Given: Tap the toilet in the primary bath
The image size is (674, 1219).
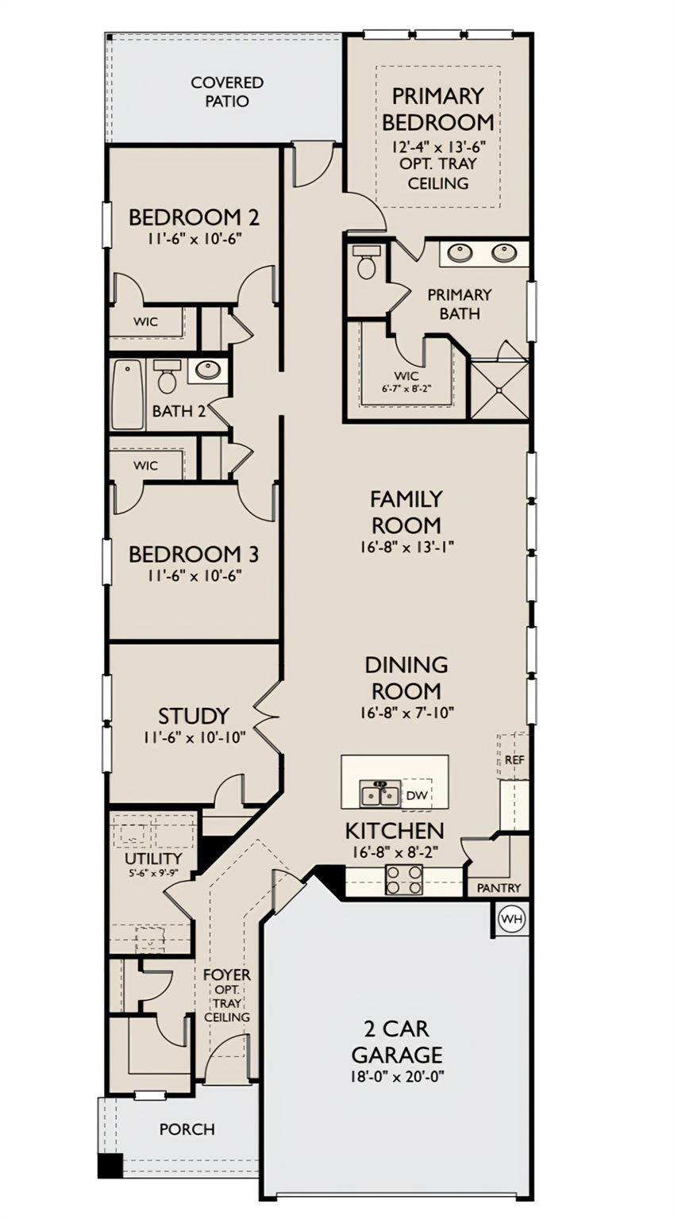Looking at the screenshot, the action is point(367,262).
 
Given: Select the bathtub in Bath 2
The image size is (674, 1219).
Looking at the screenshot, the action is point(128,395).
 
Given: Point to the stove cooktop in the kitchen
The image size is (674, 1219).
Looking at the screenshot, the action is point(404,879).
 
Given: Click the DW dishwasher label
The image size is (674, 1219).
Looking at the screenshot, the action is point(417,796).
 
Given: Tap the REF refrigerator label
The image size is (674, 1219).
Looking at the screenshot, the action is point(514,759).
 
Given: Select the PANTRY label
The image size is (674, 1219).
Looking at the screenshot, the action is point(499,887).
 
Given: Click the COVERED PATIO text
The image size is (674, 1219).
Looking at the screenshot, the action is point(227,91).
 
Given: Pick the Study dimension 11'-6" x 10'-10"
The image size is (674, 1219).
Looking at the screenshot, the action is point(195,737).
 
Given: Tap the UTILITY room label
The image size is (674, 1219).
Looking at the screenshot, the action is point(153,859).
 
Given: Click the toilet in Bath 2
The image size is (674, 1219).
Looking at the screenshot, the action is point(166,375).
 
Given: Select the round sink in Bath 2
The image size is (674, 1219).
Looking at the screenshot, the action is point(208,370).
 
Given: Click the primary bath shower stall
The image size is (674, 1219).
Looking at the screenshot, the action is point(499,389).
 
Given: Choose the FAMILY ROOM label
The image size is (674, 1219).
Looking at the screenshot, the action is point(406,512).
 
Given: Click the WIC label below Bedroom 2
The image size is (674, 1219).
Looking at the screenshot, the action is point(145,321).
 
